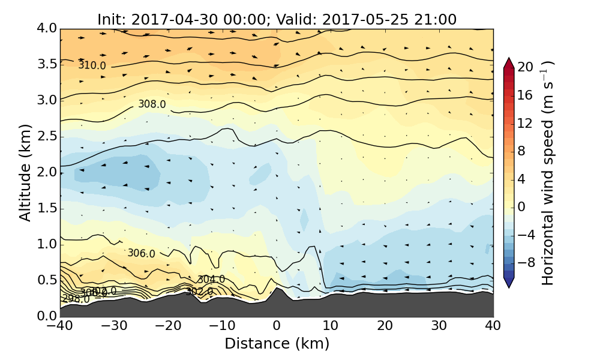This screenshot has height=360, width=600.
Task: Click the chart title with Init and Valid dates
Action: click(277, 19)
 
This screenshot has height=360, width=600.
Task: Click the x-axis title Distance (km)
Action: click(277, 344)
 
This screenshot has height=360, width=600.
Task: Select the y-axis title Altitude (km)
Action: click(25, 173)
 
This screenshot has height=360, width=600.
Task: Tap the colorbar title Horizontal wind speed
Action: click(547, 173)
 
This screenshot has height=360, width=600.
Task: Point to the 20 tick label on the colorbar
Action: click(526, 67)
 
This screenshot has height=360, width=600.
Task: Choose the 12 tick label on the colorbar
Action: click(526, 123)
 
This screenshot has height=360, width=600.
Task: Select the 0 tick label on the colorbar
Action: click(522, 206)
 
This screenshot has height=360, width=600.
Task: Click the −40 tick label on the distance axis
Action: click(61, 326)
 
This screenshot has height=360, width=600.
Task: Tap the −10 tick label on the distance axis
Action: click(223, 326)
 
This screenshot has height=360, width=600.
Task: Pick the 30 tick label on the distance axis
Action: click(439, 326)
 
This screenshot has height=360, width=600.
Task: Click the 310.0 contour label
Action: click(92, 65)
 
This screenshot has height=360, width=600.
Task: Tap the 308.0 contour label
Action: click(152, 104)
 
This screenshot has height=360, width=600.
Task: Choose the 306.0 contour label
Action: click(141, 254)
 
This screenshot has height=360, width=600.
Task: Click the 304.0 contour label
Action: click(211, 280)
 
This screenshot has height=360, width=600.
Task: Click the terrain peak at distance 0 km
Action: click(277, 289)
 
